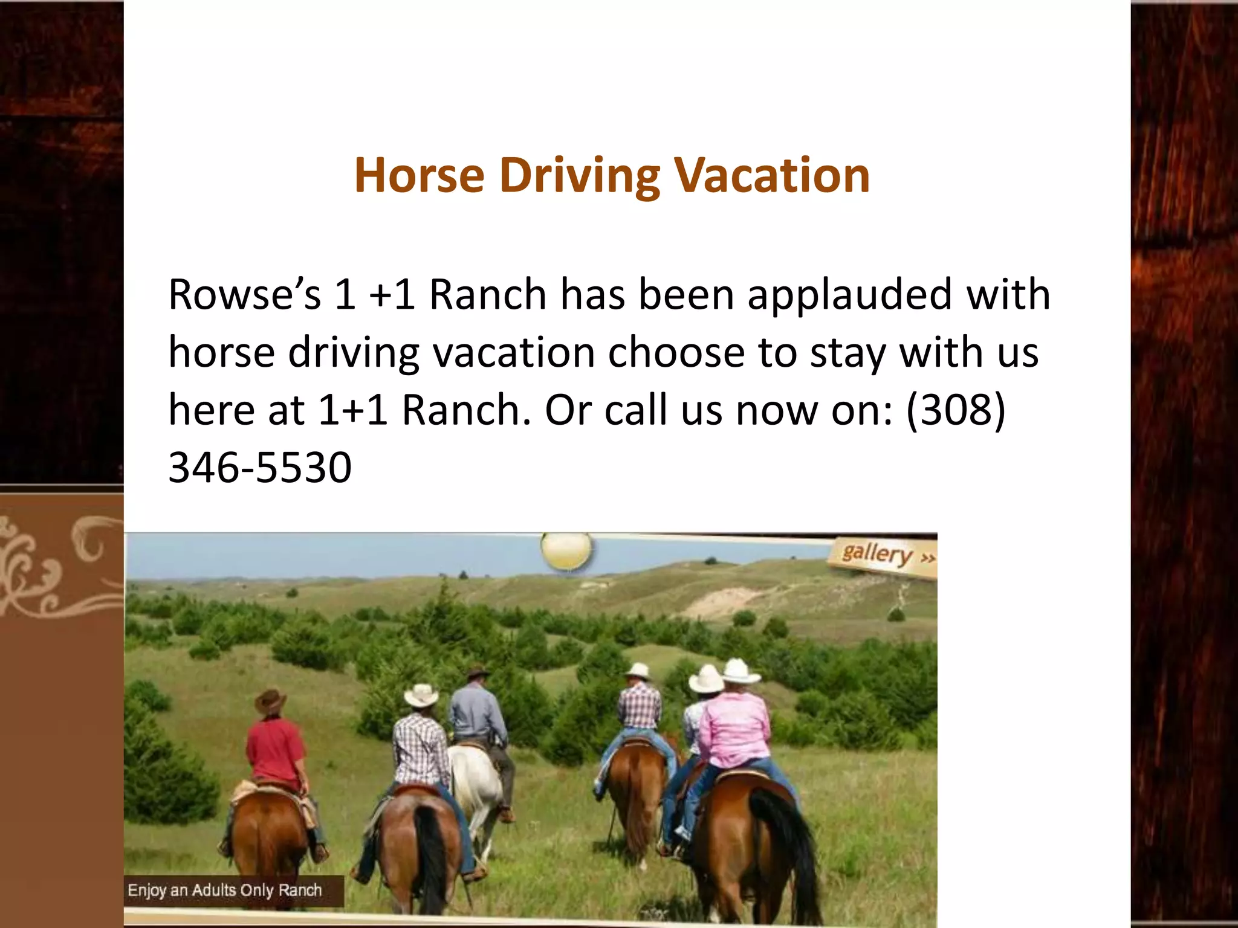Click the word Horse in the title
tap(420, 175)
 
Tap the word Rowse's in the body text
tap(244, 295)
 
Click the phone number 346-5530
tap(260, 468)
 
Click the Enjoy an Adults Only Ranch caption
tap(225, 890)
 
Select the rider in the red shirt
tap(275, 749)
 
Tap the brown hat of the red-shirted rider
tap(270, 701)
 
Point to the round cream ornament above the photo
tap(566, 550)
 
